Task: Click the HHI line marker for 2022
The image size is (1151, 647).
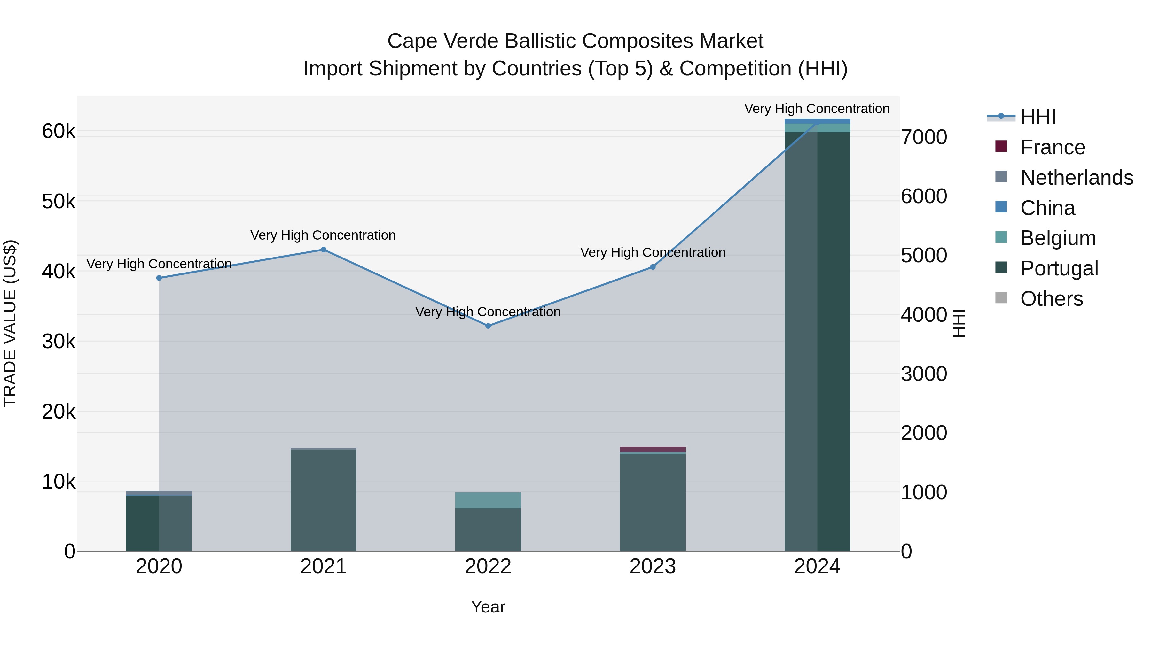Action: click(x=488, y=326)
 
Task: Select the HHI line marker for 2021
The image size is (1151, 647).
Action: click(x=324, y=250)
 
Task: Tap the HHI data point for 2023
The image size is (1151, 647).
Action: click(x=652, y=267)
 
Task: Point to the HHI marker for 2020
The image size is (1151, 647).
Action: click(x=159, y=278)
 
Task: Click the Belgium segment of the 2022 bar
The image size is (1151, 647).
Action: click(x=488, y=500)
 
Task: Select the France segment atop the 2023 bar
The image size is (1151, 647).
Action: click(x=652, y=449)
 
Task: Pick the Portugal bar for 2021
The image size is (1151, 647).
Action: click(x=324, y=500)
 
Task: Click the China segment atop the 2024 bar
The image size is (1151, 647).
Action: click(x=817, y=121)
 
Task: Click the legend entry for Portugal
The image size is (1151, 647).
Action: click(x=1059, y=268)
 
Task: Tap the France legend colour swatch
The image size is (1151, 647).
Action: click(x=1001, y=146)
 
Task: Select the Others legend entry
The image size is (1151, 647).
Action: click(x=1051, y=299)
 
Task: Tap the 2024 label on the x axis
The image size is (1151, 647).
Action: click(x=817, y=566)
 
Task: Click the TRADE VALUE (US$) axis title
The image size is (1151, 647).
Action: click(x=10, y=323)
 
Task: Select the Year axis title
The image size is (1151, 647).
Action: click(x=488, y=607)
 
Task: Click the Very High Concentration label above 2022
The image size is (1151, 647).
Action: click(x=488, y=312)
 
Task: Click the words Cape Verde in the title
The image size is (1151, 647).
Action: click(x=442, y=41)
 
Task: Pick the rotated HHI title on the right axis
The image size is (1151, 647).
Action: click(x=959, y=323)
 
